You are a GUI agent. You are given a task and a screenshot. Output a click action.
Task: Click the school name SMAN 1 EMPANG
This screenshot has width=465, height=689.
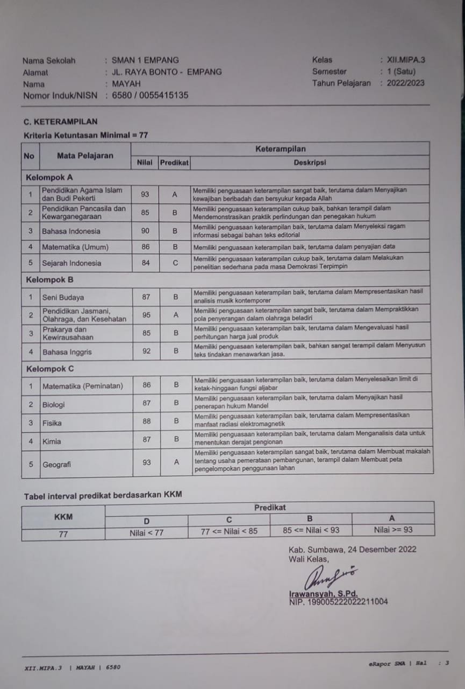(x=145, y=60)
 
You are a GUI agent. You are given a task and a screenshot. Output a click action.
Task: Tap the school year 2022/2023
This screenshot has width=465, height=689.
(x=405, y=83)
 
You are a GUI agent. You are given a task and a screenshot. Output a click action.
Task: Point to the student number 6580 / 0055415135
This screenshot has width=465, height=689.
(x=150, y=95)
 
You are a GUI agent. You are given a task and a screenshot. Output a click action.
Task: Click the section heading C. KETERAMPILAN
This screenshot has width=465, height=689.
(x=60, y=122)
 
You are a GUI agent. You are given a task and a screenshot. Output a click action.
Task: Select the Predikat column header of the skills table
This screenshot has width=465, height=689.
(x=174, y=162)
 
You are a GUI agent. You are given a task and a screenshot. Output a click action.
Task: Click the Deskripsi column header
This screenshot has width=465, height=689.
(x=310, y=162)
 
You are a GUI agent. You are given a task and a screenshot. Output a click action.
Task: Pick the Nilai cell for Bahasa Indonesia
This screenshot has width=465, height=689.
(x=145, y=230)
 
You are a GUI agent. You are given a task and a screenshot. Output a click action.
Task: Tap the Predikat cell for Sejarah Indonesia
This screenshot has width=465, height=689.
(x=175, y=263)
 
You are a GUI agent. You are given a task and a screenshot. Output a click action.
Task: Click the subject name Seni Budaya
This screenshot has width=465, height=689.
(x=63, y=297)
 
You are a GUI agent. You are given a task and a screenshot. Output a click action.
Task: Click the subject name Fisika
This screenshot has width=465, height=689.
(x=52, y=423)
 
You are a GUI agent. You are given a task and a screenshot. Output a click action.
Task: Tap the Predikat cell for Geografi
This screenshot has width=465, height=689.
(x=176, y=462)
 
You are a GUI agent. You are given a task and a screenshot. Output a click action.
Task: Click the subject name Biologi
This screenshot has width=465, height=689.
(x=54, y=404)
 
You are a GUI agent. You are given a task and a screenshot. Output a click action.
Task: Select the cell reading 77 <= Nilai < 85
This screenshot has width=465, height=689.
(x=228, y=530)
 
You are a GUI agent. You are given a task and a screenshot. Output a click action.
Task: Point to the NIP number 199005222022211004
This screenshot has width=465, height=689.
(x=338, y=601)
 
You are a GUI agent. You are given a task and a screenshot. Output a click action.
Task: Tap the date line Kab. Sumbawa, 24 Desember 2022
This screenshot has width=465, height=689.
(x=352, y=550)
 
